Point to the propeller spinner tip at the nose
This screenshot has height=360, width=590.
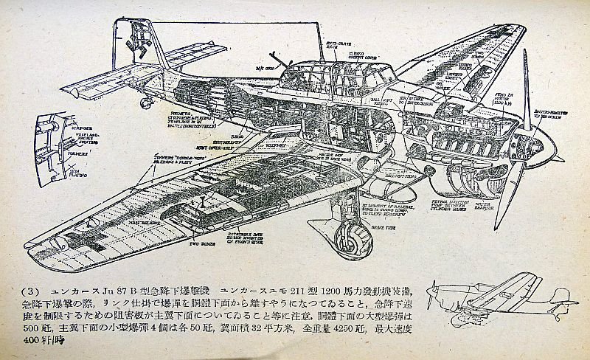560,157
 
